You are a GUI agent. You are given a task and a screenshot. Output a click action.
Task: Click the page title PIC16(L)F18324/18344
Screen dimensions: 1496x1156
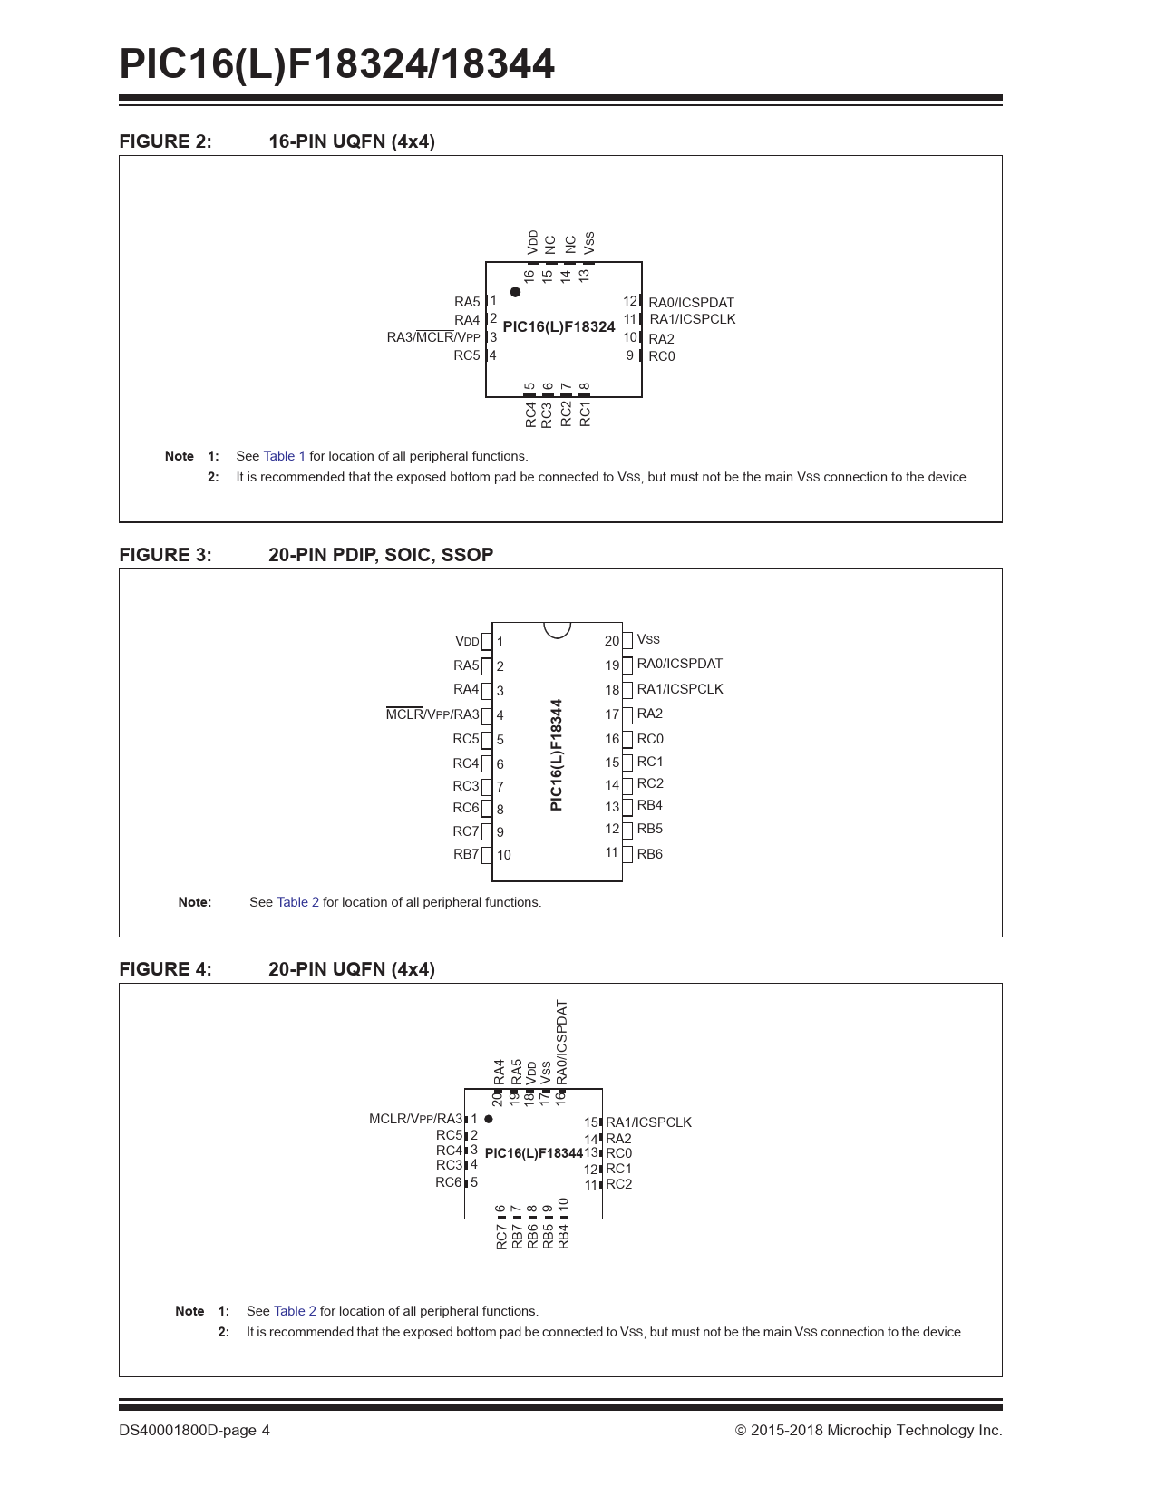(336, 64)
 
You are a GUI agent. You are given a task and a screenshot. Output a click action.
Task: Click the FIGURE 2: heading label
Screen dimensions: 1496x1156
(165, 141)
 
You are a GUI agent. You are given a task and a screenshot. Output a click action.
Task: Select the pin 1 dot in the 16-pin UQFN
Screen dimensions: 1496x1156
(515, 292)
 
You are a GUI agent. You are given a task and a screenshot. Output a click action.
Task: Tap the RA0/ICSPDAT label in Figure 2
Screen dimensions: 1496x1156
(691, 303)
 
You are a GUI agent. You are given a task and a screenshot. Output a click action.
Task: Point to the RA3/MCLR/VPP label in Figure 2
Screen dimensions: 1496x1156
(433, 337)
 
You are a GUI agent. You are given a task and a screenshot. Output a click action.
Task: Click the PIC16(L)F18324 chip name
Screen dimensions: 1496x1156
(559, 326)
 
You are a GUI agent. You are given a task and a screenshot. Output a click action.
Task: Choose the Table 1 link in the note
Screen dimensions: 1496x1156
(284, 456)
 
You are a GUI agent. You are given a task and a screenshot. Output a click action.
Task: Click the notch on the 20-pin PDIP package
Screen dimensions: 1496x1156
(557, 628)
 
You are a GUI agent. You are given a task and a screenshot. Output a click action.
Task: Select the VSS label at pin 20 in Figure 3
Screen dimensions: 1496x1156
(648, 639)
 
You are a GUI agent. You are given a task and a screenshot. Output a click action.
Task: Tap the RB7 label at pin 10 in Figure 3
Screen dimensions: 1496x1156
(466, 854)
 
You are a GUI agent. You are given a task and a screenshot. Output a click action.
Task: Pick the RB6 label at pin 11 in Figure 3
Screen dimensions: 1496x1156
(649, 854)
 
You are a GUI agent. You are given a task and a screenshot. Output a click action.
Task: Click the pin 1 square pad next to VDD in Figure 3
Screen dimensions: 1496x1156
(487, 642)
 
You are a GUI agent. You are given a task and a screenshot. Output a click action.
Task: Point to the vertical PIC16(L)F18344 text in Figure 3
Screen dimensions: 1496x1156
(557, 754)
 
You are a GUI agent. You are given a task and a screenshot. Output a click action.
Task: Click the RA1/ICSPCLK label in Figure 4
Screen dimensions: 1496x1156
(648, 1122)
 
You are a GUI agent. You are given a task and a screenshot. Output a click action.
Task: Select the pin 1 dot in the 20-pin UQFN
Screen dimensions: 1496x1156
(489, 1119)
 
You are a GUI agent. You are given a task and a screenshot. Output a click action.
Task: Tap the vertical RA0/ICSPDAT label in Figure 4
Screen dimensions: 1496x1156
(562, 1041)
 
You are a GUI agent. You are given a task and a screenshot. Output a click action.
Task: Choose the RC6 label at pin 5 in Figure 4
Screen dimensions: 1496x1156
(449, 1182)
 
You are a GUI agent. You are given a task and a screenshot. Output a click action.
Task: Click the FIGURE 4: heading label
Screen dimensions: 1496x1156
(165, 969)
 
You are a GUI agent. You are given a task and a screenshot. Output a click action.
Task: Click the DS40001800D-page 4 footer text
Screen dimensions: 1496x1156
(194, 1431)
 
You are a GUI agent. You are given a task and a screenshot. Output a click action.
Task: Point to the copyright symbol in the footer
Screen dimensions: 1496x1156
(741, 1431)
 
